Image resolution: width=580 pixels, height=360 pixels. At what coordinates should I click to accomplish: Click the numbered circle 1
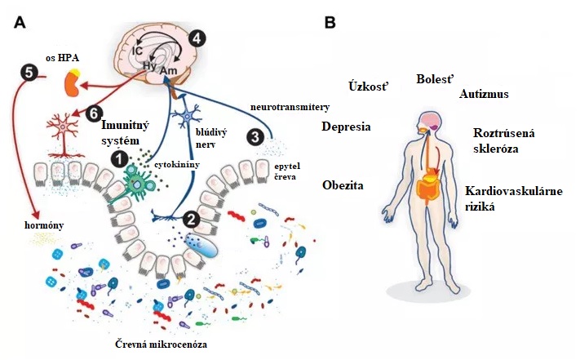[119, 159]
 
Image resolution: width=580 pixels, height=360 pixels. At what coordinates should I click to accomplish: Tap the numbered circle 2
[191, 220]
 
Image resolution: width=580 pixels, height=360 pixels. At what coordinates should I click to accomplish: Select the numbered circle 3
[255, 137]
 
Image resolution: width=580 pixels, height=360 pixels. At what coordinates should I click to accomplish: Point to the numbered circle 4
[197, 38]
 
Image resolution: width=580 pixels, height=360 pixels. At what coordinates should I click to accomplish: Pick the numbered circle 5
[29, 72]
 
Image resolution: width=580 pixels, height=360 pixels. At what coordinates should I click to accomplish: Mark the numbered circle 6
[94, 113]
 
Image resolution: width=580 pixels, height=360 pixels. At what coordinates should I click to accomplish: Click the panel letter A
[20, 23]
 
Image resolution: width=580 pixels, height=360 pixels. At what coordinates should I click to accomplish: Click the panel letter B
[330, 22]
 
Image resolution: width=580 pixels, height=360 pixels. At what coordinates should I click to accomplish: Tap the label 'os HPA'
[62, 58]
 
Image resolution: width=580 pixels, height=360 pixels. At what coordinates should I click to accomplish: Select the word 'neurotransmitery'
[290, 107]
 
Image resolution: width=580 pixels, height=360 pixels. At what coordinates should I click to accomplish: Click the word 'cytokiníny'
[177, 164]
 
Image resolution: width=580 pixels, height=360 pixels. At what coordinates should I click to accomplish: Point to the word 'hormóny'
[44, 225]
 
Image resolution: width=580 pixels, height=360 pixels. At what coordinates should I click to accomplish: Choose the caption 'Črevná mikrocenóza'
[161, 344]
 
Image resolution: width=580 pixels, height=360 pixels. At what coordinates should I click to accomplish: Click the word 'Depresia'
[346, 127]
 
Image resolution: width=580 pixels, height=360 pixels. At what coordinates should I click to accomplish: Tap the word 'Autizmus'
[484, 94]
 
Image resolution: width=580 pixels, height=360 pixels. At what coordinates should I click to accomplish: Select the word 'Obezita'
[343, 185]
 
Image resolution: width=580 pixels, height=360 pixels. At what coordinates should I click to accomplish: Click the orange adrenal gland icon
[73, 83]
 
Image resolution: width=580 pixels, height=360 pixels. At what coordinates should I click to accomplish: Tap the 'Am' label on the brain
[169, 71]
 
